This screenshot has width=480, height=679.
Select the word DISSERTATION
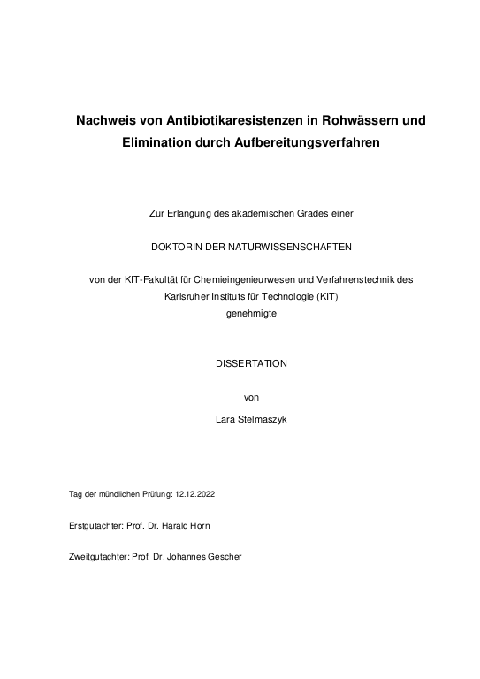point(240,363)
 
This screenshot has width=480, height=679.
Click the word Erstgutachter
point(95,525)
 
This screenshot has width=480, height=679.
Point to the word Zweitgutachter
point(97,558)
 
